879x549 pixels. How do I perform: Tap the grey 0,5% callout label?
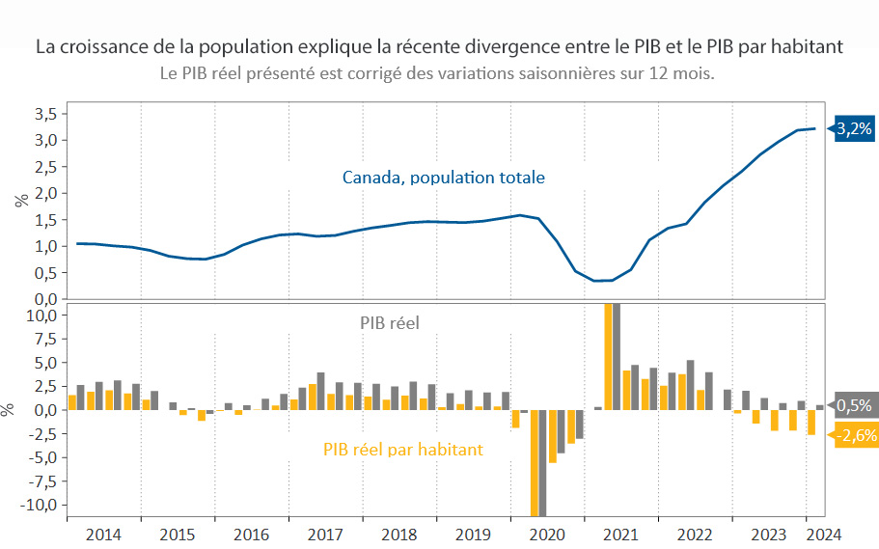point(854,405)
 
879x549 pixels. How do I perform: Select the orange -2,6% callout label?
point(853,435)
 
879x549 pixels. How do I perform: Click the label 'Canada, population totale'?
point(444,178)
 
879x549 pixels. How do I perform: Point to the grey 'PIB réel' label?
point(390,323)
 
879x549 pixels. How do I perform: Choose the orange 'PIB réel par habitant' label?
point(402,449)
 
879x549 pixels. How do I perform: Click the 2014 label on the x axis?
point(103,534)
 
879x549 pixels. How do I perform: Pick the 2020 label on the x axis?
point(547,534)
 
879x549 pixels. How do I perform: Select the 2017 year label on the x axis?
point(325,534)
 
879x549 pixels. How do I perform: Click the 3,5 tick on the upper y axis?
point(45,114)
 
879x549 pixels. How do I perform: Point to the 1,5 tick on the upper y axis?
point(45,220)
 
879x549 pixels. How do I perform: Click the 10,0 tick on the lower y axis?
point(42,316)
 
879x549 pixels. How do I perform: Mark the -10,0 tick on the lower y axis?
point(40,505)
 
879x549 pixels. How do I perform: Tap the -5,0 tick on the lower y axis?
point(43,457)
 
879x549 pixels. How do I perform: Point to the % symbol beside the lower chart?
point(8,409)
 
